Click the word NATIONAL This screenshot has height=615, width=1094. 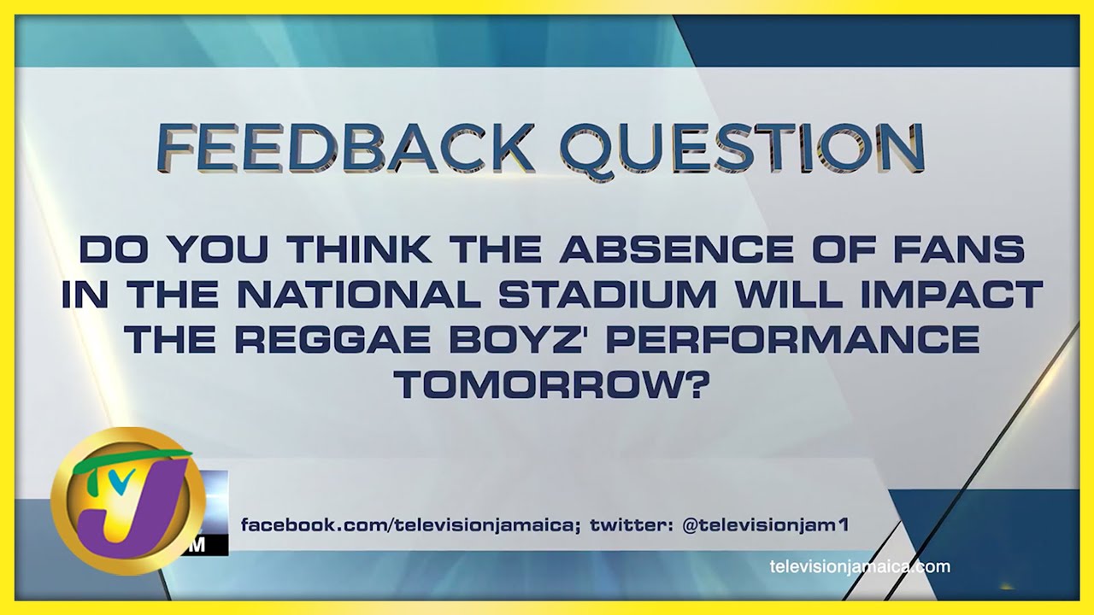coord(360,295)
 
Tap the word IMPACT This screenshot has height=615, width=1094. coord(952,295)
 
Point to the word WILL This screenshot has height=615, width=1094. coord(794,295)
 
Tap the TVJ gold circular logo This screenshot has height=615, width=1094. coord(128,501)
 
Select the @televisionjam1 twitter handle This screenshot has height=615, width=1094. coord(765,525)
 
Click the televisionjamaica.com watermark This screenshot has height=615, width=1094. coord(860,567)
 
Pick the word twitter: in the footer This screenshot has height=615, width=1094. coord(632,525)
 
